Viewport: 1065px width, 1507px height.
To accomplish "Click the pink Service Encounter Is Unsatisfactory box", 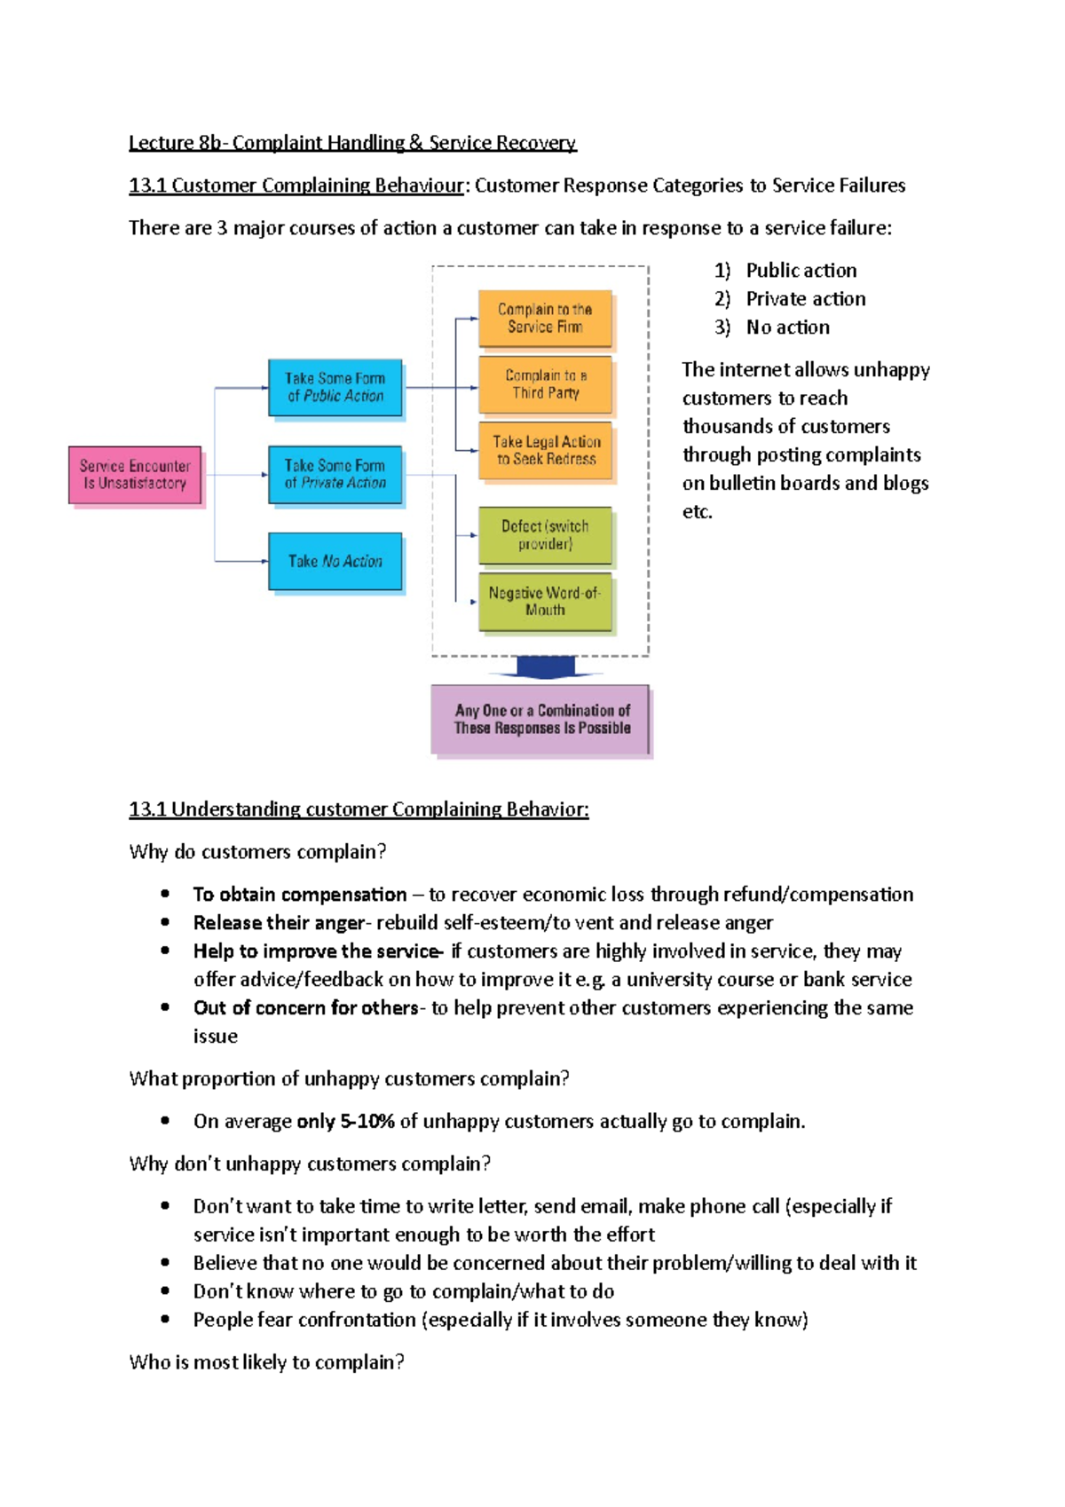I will (135, 475).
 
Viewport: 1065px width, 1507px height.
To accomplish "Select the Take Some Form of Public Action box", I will (335, 388).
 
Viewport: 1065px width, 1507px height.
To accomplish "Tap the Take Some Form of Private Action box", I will (335, 475).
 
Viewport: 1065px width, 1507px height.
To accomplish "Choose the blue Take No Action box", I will (335, 562).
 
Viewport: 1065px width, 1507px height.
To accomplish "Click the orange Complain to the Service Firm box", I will (545, 319).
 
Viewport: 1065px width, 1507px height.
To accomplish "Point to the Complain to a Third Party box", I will (545, 384).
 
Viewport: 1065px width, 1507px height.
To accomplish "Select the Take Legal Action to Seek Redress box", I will (546, 451).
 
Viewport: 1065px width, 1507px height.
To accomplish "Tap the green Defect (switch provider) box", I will (545, 535).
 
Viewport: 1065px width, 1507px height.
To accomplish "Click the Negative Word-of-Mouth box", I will (545, 602).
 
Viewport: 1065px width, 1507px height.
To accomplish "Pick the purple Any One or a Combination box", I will (540, 720).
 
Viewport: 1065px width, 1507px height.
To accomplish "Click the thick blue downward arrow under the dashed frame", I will (546, 667).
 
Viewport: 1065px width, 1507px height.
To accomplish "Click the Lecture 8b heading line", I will (352, 143).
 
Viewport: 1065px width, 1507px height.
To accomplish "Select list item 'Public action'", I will (801, 271).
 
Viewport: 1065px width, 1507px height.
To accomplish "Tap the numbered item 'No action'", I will (787, 327).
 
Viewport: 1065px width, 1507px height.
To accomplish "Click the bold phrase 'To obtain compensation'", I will (300, 895).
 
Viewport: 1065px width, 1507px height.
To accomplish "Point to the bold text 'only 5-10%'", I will (345, 1122).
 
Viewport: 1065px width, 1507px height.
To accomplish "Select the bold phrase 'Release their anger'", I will (279, 923).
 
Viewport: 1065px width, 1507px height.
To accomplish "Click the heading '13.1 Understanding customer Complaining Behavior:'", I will (359, 809).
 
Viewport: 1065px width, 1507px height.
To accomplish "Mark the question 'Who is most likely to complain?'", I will (266, 1362).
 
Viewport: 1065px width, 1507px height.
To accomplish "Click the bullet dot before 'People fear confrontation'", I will (165, 1320).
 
